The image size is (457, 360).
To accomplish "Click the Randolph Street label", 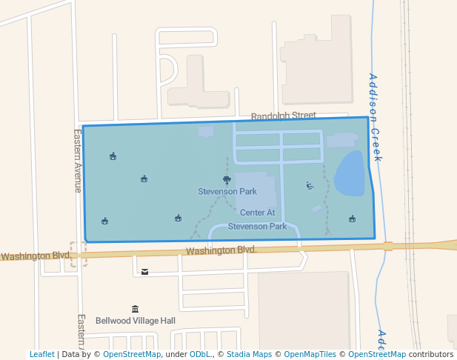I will [x=283, y=116].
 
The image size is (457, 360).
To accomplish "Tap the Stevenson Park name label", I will [x=227, y=191].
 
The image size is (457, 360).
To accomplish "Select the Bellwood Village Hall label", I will [x=135, y=321].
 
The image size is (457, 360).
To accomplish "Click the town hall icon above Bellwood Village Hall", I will [x=135, y=309].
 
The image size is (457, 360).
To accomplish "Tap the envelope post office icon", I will [x=144, y=272].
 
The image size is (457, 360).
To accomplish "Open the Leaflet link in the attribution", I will [x=41, y=354].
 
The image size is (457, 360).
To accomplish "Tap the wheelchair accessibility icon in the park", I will [x=310, y=186].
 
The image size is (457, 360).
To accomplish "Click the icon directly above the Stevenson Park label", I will [x=227, y=179].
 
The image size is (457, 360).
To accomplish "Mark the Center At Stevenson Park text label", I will [x=257, y=219].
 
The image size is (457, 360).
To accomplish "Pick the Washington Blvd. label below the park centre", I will [x=221, y=251].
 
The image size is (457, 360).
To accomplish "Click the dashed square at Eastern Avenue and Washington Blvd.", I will [x=78, y=254].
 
